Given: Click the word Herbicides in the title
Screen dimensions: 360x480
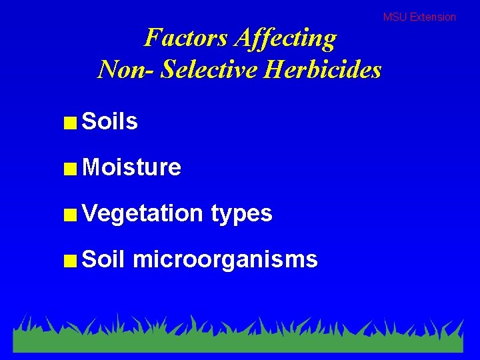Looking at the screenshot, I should click(x=323, y=69).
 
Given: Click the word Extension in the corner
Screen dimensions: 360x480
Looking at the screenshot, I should click(x=433, y=17).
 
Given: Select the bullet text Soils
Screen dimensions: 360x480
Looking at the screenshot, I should click(x=109, y=121).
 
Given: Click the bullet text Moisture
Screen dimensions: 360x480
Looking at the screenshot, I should click(x=131, y=167).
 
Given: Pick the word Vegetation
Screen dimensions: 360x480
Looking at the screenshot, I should click(x=142, y=213).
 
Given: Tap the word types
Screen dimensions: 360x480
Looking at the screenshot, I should click(x=241, y=214).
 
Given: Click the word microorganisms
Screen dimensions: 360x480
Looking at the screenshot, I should click(x=225, y=259).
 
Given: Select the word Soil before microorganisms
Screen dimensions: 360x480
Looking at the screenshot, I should click(x=103, y=259).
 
